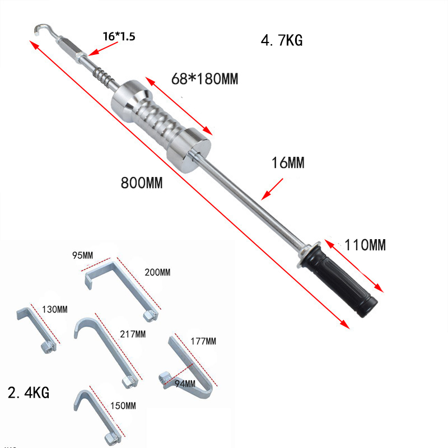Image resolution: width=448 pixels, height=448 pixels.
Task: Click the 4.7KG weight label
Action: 282,40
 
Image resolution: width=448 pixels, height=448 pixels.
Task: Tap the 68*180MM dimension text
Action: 204,79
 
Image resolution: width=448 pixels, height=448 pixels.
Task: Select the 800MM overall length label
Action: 142,183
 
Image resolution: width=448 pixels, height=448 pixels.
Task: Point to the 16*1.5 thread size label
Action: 119,36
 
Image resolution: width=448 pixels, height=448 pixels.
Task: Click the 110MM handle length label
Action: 365,245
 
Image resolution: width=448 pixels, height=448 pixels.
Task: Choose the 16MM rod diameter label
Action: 288,163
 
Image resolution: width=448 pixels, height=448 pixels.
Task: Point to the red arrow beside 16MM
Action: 272,189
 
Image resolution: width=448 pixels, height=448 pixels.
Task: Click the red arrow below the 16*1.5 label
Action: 103,49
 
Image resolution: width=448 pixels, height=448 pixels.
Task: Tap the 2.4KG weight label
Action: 29,393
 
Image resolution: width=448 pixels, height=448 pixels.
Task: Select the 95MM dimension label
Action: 82,255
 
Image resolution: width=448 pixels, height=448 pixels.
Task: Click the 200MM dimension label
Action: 157,272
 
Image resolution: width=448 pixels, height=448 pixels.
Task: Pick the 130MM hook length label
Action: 55,310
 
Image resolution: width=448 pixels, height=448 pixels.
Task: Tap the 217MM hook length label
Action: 133,334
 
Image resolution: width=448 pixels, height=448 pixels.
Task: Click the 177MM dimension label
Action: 203,341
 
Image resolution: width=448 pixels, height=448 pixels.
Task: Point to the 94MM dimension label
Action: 185,384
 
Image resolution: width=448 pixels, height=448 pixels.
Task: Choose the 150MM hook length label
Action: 123,405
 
